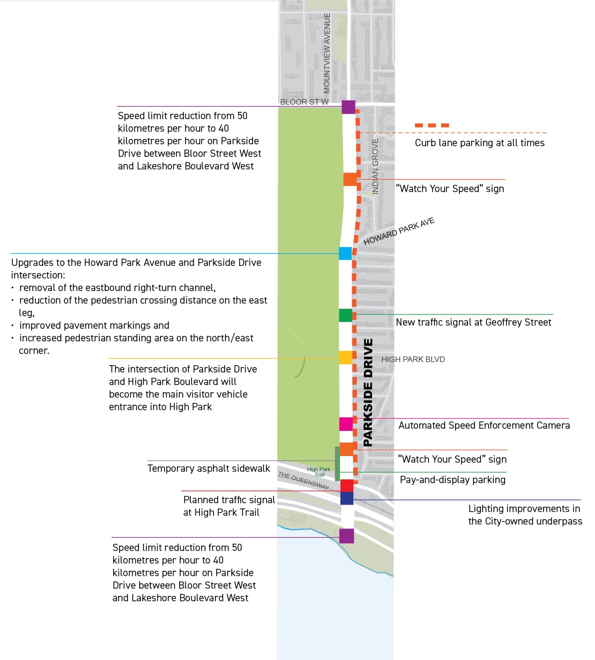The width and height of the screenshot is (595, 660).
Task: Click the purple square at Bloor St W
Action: pyautogui.click(x=348, y=107)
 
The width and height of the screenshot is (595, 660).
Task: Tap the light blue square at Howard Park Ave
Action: pyautogui.click(x=345, y=253)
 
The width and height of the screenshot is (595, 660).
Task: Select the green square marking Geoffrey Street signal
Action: pyautogui.click(x=345, y=315)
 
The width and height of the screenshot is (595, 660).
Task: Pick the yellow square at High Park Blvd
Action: pyautogui.click(x=345, y=357)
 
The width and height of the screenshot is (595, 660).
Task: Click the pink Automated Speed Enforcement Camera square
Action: pyautogui.click(x=346, y=424)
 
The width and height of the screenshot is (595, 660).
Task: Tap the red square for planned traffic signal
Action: pyautogui.click(x=346, y=485)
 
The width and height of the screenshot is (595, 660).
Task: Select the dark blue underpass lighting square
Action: pyautogui.click(x=346, y=498)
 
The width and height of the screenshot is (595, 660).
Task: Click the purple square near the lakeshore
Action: pyautogui.click(x=346, y=536)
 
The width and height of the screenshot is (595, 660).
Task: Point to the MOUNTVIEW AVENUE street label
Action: pyautogui.click(x=327, y=53)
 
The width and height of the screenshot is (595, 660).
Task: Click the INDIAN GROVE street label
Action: pyautogui.click(x=375, y=166)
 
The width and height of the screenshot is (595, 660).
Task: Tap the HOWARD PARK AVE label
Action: pyautogui.click(x=399, y=231)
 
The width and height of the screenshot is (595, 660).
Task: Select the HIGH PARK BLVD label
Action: pyautogui.click(x=413, y=359)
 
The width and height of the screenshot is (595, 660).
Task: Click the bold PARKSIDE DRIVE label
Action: pyautogui.click(x=368, y=392)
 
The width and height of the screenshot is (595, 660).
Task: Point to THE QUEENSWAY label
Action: pyautogui.click(x=303, y=480)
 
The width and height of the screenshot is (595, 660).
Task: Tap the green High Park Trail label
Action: pyautogui.click(x=319, y=472)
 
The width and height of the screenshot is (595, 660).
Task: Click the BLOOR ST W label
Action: pyautogui.click(x=304, y=102)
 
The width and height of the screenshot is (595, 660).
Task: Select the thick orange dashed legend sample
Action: pyautogui.click(x=432, y=125)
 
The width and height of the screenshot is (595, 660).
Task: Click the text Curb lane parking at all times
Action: pyautogui.click(x=479, y=143)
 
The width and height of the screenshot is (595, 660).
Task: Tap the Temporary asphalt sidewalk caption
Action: pyautogui.click(x=209, y=469)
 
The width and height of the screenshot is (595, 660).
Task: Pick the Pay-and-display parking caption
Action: pyautogui.click(x=453, y=480)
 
